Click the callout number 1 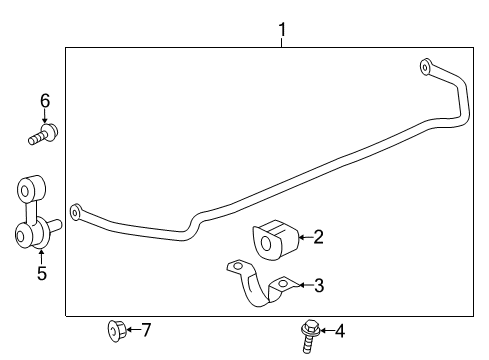[282, 30]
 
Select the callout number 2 [318, 237]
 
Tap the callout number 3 [318, 286]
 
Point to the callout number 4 [339, 331]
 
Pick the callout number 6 [44, 100]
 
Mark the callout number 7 [146, 329]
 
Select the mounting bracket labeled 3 [258, 289]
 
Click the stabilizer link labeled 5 [32, 214]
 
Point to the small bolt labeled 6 [43, 135]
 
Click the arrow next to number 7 [132, 329]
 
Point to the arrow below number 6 [44, 117]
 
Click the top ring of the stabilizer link [27, 187]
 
